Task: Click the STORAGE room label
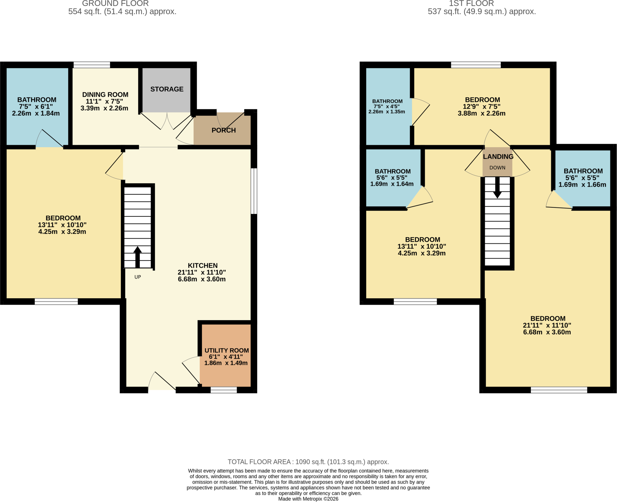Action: point(167,89)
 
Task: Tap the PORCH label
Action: point(224,130)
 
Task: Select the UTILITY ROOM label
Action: point(227,350)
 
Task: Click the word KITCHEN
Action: point(202,265)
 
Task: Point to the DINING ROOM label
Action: point(105,95)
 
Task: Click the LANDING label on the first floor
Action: point(498,157)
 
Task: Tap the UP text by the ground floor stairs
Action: point(138,277)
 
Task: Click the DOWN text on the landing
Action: point(497,168)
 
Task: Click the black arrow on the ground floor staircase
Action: point(138,257)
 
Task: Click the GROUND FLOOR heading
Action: point(115,4)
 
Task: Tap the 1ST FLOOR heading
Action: point(471,4)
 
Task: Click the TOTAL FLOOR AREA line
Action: point(308,462)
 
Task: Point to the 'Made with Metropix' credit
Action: point(308,499)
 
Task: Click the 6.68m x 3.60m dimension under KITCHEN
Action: point(202,279)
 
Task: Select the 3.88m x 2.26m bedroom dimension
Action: point(482,113)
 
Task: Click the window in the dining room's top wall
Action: point(92,65)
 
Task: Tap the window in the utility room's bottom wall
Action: point(224,390)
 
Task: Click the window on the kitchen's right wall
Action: point(254,191)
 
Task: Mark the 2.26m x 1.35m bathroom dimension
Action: point(387,112)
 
